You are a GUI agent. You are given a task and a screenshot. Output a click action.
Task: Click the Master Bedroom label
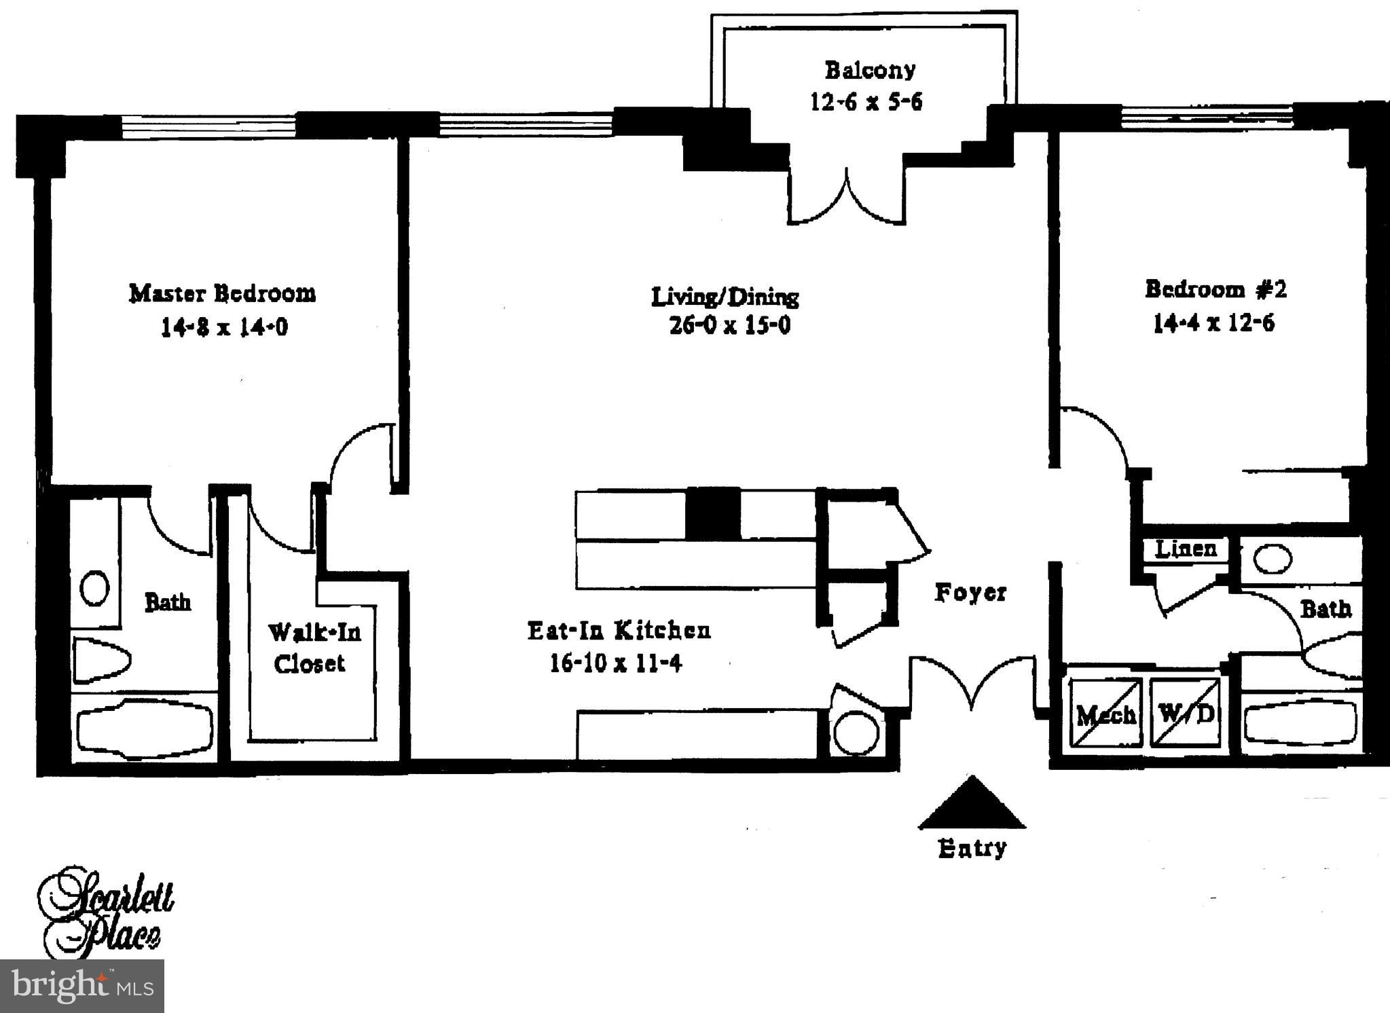[x=223, y=293]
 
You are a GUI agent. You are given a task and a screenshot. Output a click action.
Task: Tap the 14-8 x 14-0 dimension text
[x=224, y=328]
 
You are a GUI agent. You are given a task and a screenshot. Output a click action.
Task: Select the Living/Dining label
[x=725, y=297]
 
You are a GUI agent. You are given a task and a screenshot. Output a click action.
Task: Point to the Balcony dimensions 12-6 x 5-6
[x=866, y=103]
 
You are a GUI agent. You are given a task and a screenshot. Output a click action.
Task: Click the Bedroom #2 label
[x=1215, y=290]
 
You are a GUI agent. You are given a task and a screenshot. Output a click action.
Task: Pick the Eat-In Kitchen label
[x=619, y=631]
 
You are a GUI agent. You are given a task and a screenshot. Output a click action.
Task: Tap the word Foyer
[x=970, y=593]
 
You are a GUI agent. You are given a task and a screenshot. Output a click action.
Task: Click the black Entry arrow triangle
[x=972, y=805]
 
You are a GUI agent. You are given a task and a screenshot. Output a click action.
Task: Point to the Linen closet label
[x=1186, y=549]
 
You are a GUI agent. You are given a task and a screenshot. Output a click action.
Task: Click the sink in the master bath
[x=94, y=587]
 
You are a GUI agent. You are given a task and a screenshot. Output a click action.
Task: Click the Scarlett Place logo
[x=105, y=910]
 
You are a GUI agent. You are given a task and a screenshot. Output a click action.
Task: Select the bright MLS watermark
[x=81, y=985]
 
